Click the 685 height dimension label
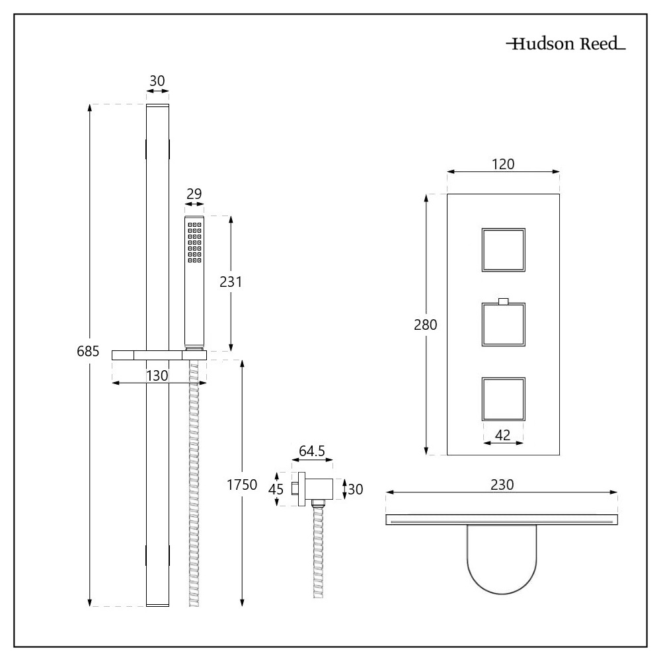[x=88, y=352]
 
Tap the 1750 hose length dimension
[x=242, y=485]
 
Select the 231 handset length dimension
[x=231, y=282]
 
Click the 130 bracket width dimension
[x=157, y=375]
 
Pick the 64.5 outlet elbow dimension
[x=311, y=451]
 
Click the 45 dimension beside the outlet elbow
[x=276, y=489]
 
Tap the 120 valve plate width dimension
[x=503, y=163]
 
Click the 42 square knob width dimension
[x=503, y=435]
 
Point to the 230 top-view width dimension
[x=502, y=484]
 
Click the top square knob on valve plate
[x=503, y=250]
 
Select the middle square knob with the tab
[x=503, y=325]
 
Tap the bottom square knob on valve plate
[x=503, y=399]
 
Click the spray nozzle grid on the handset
[x=194, y=243]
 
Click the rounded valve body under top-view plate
[x=502, y=555]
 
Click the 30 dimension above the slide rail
[x=157, y=81]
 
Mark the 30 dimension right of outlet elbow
[x=356, y=489]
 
